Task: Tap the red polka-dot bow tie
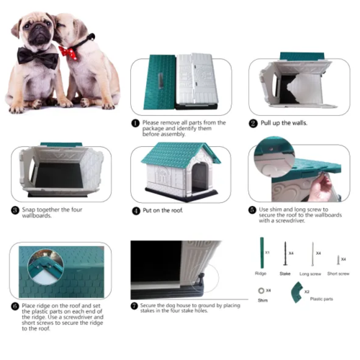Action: [69, 52]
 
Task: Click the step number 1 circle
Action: [135, 123]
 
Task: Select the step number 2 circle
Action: [253, 123]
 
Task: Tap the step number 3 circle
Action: [15, 210]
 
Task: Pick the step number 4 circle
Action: [135, 210]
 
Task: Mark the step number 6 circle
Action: [15, 306]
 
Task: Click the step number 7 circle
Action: [135, 306]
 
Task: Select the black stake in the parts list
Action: [285, 255]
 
